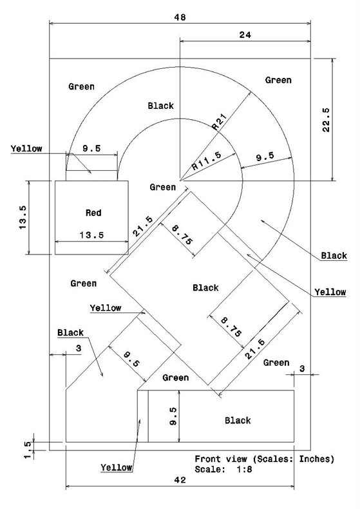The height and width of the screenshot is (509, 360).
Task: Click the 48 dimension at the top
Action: click(x=180, y=17)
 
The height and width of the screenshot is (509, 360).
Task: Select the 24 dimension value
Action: click(x=245, y=35)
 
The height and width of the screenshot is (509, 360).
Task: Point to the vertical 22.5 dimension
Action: click(x=326, y=119)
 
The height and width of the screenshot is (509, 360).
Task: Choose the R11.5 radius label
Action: click(x=207, y=160)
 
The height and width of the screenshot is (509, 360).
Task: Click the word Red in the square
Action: click(x=93, y=213)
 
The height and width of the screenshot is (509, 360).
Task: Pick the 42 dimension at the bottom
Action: click(x=180, y=480)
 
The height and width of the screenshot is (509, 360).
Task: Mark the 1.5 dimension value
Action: click(x=28, y=450)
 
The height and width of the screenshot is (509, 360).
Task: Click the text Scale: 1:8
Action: click(x=223, y=470)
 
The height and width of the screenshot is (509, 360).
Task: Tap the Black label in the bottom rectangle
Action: click(x=238, y=421)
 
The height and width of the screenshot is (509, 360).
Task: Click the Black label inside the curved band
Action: click(x=160, y=106)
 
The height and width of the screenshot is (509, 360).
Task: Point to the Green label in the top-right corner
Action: click(x=278, y=80)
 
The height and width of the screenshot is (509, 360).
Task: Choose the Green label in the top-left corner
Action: click(x=81, y=87)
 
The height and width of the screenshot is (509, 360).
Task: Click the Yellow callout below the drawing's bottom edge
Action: click(x=116, y=468)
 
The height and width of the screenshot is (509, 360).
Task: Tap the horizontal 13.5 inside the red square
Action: click(x=92, y=235)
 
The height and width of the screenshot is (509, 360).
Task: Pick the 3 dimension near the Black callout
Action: click(x=79, y=349)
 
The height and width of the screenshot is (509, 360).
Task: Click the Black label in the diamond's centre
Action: click(x=205, y=287)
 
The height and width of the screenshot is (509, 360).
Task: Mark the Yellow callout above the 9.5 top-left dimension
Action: click(x=26, y=149)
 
